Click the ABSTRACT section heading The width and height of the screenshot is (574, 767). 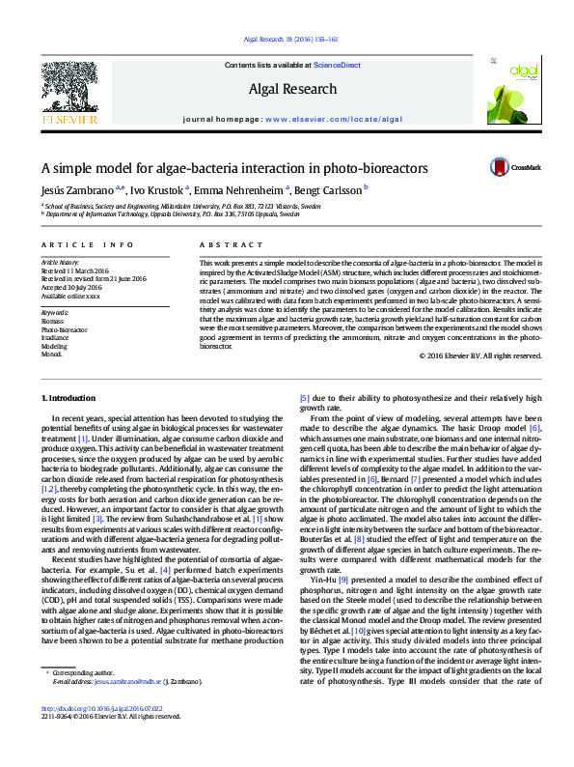pos(224,245)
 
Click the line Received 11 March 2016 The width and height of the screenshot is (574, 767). pos(74,271)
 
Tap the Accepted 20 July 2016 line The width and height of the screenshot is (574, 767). pos(73,287)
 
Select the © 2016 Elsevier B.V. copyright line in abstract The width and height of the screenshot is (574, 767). pos(479,356)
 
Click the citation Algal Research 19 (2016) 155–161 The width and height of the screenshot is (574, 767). pos(287,41)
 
